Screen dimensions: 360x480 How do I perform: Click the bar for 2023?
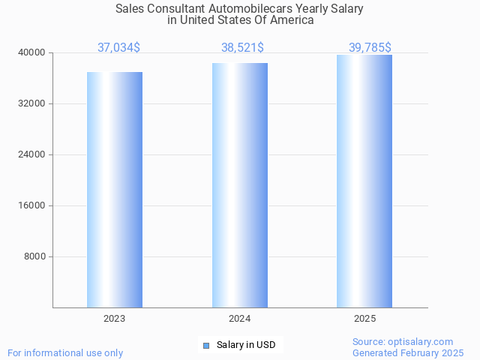point(115,190)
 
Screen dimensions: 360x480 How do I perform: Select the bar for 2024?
point(240,185)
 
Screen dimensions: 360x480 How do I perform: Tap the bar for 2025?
point(364,181)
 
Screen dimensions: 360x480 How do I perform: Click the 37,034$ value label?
point(118,48)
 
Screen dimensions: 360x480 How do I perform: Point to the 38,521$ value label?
point(242,48)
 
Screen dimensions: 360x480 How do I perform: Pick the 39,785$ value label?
point(370,48)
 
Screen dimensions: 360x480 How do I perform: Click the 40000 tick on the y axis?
point(32,52)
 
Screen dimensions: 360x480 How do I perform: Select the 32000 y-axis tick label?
point(32,103)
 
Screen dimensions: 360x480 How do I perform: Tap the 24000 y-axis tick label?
point(32,154)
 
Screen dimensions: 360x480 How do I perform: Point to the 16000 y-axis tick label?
point(32,205)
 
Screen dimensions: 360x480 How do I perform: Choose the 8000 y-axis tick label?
point(34,256)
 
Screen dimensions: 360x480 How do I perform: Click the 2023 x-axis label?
point(115,319)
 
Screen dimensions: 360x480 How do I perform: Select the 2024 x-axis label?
point(240,319)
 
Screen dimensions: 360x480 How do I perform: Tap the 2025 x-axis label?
point(364,319)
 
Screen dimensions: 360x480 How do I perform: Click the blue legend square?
point(206,345)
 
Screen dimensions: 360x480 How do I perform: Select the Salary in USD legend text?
point(246,345)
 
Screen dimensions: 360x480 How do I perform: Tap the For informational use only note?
point(65,352)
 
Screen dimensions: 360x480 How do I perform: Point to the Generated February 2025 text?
point(408,352)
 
